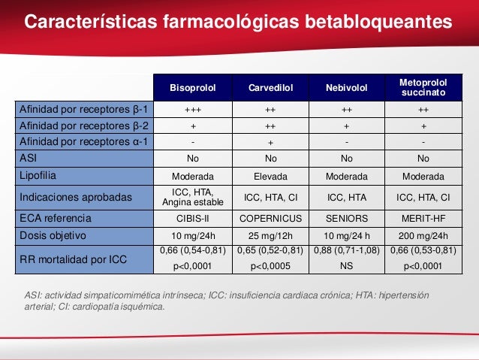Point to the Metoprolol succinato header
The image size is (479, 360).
point(423,87)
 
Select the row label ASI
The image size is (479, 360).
point(29,159)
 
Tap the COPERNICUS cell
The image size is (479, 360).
point(270,219)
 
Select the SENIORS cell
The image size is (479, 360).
point(346,219)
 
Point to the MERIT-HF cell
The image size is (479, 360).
point(423,219)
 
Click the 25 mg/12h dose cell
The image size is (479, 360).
point(270,235)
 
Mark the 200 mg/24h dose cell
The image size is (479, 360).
point(423,235)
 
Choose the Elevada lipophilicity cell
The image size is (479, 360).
point(270,176)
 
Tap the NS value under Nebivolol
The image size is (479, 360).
point(346,266)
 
